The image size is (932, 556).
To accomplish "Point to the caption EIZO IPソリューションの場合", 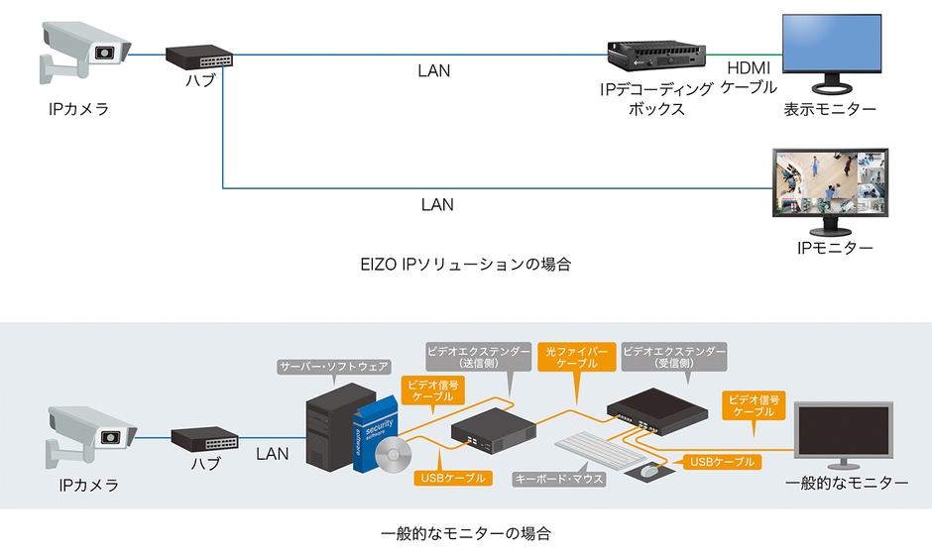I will (x=466, y=265).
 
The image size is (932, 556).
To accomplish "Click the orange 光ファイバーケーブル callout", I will (x=572, y=357).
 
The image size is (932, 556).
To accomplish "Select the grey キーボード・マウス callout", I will (x=559, y=479).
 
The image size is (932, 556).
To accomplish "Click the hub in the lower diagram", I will (x=203, y=438).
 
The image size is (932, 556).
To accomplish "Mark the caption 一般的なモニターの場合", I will (x=466, y=533).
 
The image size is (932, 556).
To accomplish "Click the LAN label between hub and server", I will (x=272, y=454).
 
